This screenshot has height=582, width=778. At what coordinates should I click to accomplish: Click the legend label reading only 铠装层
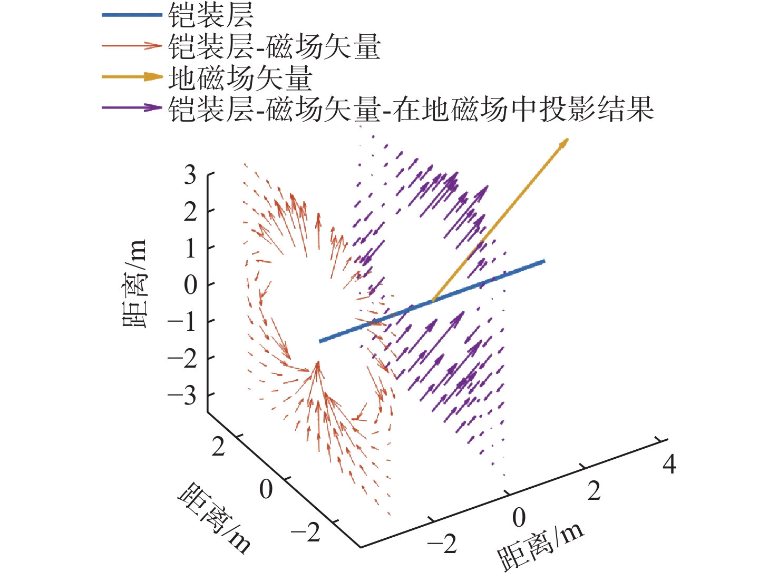211,16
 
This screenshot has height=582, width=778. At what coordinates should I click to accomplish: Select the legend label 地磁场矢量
240,78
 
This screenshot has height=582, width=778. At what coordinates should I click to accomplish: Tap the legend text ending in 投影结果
411,109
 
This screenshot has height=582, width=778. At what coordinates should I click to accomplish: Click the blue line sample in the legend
132,15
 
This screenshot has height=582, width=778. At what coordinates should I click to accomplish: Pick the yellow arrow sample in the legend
132,77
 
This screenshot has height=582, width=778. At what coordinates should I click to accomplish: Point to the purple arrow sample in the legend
132,107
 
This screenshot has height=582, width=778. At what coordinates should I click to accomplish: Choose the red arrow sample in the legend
132,46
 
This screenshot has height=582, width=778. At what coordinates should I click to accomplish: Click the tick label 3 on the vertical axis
190,175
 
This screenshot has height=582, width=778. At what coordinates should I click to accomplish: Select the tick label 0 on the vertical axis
190,285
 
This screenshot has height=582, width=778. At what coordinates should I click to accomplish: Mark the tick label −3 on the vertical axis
182,395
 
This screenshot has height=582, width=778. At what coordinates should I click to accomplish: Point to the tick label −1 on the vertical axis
182,322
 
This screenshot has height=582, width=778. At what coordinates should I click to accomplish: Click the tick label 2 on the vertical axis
190,212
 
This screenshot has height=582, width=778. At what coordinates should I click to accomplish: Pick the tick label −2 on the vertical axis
182,359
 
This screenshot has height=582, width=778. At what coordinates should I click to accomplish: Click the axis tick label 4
669,465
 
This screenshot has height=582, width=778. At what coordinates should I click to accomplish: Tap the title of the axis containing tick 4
541,548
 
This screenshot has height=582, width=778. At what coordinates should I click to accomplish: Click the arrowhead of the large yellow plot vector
566,141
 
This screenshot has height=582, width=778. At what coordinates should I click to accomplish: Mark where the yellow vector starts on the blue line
433,301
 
